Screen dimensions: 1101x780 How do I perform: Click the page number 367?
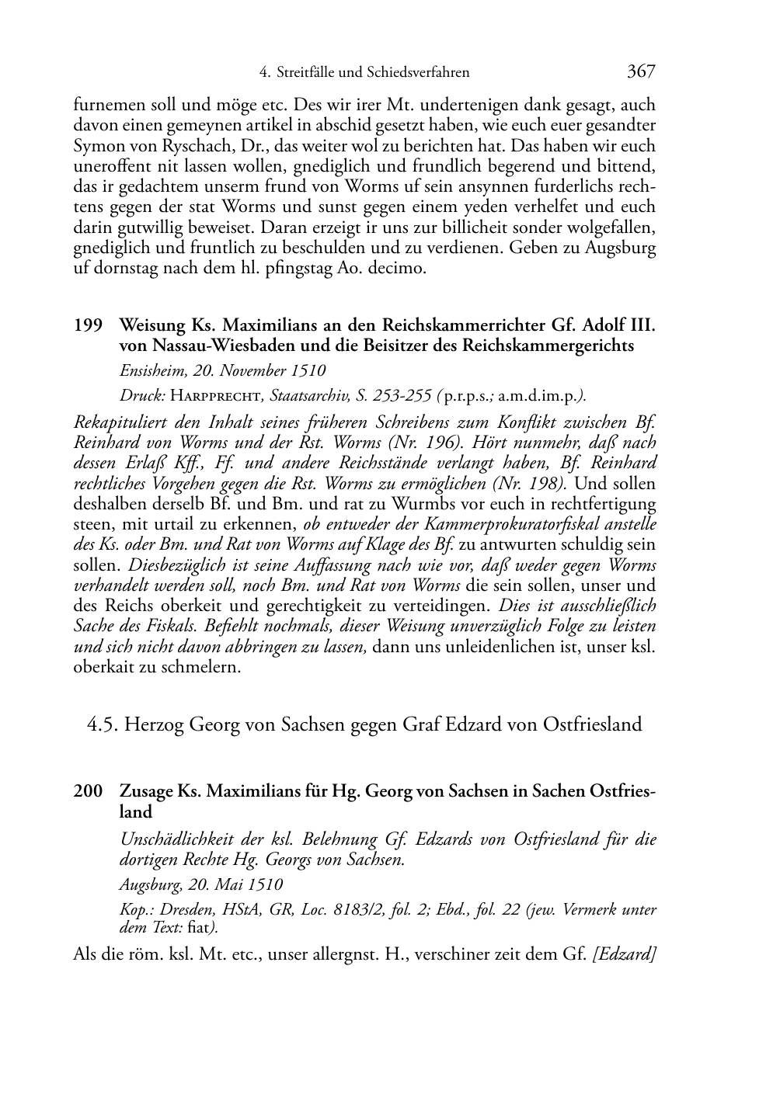click(641, 71)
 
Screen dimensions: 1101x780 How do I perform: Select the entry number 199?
click(88, 325)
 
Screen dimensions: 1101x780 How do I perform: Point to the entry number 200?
click(88, 791)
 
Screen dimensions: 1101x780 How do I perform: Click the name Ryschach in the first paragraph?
click(180, 146)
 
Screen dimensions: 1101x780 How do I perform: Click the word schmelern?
click(204, 667)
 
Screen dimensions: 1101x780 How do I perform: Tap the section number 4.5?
click(103, 724)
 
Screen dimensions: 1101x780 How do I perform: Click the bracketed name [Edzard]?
click(624, 954)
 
